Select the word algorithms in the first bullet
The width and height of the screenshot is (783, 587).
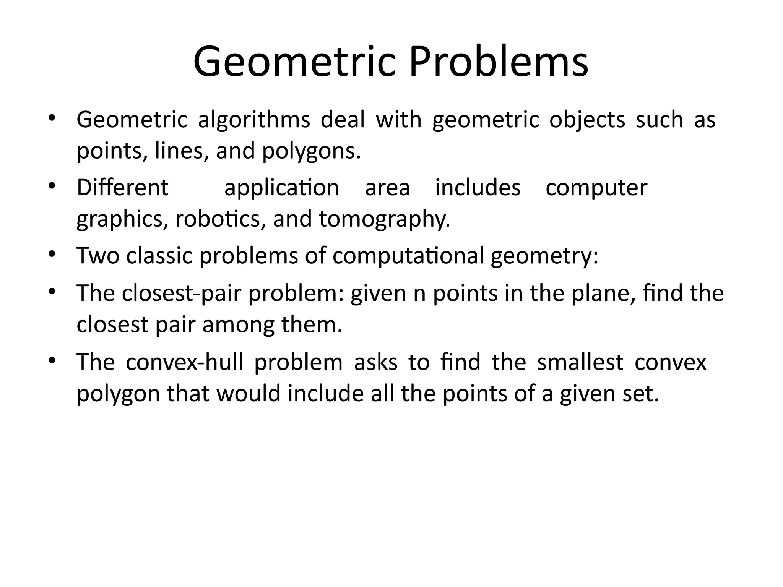[x=254, y=120]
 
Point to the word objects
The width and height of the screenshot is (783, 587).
[x=587, y=120]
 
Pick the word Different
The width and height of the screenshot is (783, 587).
[x=122, y=188]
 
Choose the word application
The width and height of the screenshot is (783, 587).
[x=281, y=188]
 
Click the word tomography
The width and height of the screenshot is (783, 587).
[x=384, y=220]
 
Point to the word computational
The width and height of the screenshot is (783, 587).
[x=408, y=256]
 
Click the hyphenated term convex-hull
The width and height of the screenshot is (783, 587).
[x=185, y=362]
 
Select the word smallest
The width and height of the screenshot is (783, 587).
[x=580, y=362]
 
